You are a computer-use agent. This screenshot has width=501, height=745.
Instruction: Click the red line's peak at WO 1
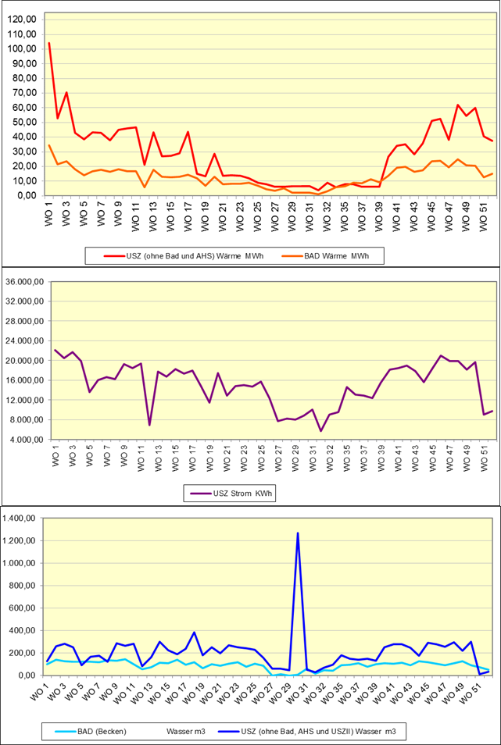pyautogui.click(x=49, y=43)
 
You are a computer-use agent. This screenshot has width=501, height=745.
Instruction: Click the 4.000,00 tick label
pyautogui.click(x=27, y=440)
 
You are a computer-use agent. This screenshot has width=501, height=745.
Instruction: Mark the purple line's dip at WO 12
pyautogui.click(x=149, y=425)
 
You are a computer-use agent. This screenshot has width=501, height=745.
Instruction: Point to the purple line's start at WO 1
pyautogui.click(x=55, y=350)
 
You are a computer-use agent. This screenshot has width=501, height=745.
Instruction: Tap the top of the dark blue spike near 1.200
pyautogui.click(x=298, y=533)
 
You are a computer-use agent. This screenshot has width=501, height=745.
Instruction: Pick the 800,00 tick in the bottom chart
pyautogui.click(x=26, y=586)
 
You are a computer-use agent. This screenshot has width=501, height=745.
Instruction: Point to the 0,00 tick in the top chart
pyautogui.click(x=28, y=195)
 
